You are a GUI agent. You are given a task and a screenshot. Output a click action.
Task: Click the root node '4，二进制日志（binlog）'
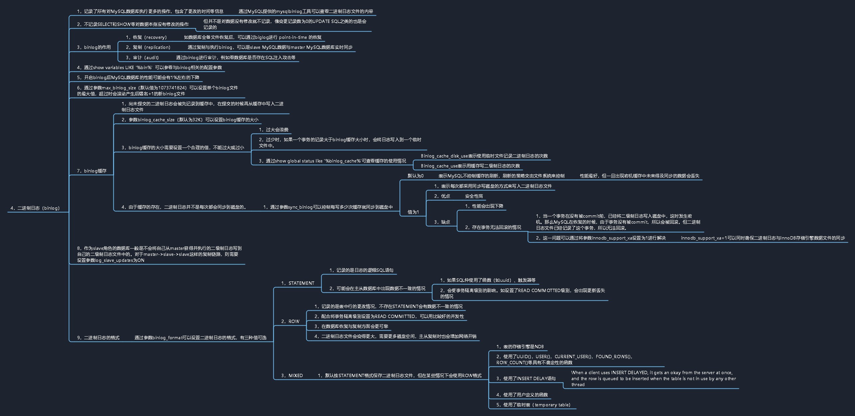[35, 208]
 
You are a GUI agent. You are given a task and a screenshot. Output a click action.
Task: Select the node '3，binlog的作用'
[94, 48]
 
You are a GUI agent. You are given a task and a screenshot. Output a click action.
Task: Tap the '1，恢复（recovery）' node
[146, 38]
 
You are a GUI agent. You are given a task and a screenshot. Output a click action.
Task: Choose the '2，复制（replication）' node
[148, 48]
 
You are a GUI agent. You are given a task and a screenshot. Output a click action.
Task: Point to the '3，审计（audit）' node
[142, 58]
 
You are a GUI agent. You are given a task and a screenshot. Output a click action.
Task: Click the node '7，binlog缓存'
[92, 171]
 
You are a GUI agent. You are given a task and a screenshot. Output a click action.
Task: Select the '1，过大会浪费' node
[274, 130]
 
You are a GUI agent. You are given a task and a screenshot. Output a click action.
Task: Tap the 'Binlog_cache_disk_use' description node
[484, 156]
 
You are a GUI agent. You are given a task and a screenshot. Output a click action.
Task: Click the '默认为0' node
[416, 176]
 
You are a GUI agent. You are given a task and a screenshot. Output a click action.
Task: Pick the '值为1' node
[413, 212]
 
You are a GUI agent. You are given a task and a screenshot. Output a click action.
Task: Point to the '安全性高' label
[474, 196]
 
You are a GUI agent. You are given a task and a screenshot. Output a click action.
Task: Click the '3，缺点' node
[442, 222]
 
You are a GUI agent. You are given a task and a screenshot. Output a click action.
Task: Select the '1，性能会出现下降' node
[484, 206]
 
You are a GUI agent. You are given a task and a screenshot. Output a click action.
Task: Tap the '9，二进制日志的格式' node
[98, 338]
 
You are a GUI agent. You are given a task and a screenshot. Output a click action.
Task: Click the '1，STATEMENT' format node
[298, 283]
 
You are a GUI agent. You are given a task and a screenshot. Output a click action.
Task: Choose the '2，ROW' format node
[290, 322]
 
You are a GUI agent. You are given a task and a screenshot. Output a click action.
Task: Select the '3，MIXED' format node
[292, 376]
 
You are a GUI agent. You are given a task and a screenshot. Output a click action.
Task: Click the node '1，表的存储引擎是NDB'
[520, 347]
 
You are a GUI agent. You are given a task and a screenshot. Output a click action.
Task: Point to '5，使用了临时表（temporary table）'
[533, 405]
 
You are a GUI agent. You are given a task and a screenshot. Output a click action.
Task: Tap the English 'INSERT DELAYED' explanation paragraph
[653, 379]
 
